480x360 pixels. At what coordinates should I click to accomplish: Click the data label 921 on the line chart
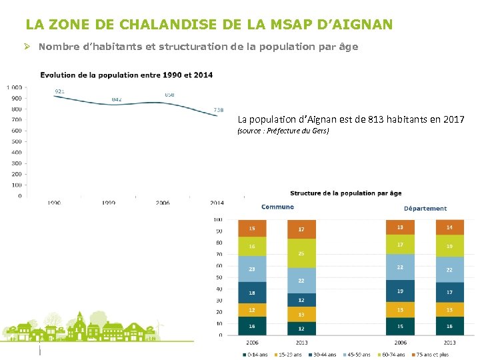[x=60, y=91]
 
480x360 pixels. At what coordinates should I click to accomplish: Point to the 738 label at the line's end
[x=219, y=110]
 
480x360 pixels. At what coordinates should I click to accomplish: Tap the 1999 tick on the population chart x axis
[x=109, y=203]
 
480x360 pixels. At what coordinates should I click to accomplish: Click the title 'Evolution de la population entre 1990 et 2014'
[x=127, y=75]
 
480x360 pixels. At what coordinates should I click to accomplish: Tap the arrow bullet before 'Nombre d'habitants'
[x=29, y=47]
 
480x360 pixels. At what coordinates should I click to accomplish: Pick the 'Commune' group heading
[x=277, y=207]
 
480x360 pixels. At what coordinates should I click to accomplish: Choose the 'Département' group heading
[x=425, y=209]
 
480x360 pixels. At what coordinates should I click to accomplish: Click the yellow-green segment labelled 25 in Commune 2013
[x=301, y=253]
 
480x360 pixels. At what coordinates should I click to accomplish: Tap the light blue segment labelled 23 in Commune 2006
[x=251, y=269]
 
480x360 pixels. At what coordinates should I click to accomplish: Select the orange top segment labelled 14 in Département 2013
[x=450, y=227]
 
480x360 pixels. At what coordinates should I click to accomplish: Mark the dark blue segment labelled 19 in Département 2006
[x=400, y=291]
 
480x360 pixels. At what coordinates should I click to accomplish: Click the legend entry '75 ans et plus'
[x=434, y=355]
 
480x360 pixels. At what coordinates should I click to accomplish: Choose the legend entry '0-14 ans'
[x=257, y=355]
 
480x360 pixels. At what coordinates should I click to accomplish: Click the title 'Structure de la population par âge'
[x=345, y=193]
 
